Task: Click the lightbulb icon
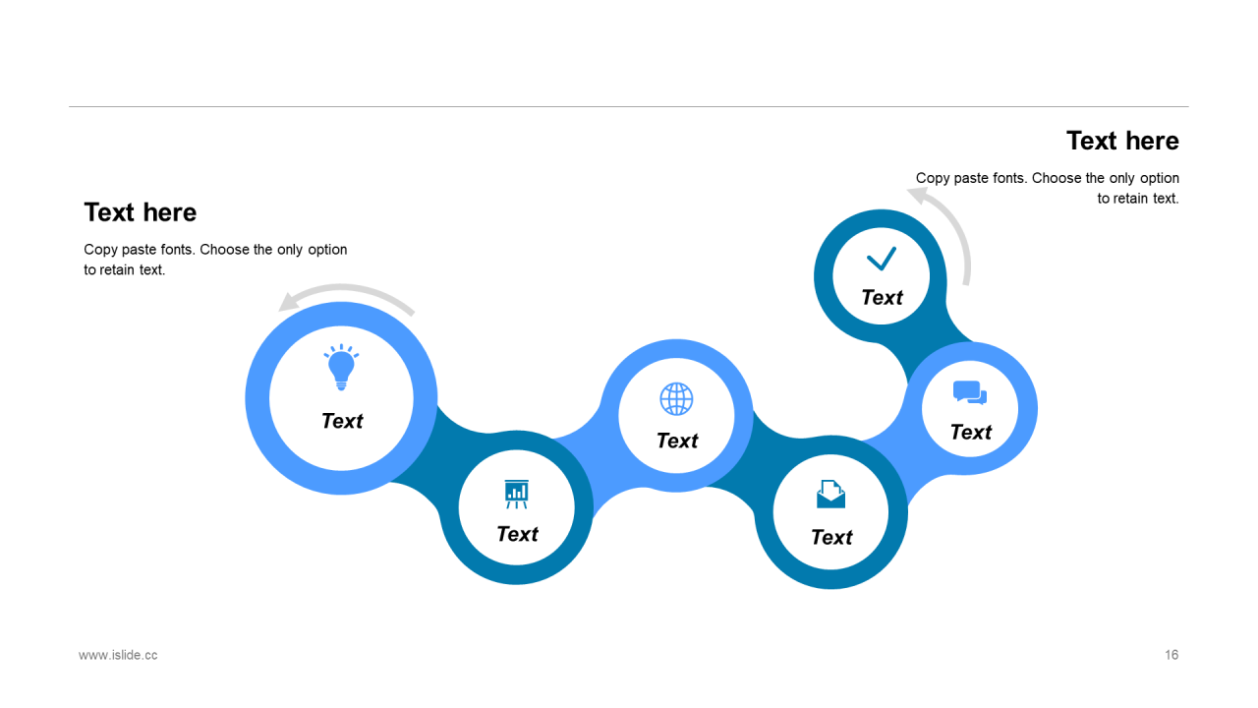tap(341, 368)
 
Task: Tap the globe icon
tap(676, 399)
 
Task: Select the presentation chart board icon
tap(517, 494)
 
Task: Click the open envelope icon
tap(830, 494)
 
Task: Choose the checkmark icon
tap(882, 259)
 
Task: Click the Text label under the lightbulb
tap(342, 421)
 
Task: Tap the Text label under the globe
tap(677, 441)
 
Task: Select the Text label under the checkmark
tap(882, 298)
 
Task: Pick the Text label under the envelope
tap(831, 537)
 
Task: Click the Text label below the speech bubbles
tap(971, 433)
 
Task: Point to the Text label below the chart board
tap(517, 534)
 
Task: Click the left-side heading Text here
tap(141, 212)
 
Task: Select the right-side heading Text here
tap(1122, 142)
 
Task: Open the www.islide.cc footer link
tap(118, 655)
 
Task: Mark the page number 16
tap(1172, 655)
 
